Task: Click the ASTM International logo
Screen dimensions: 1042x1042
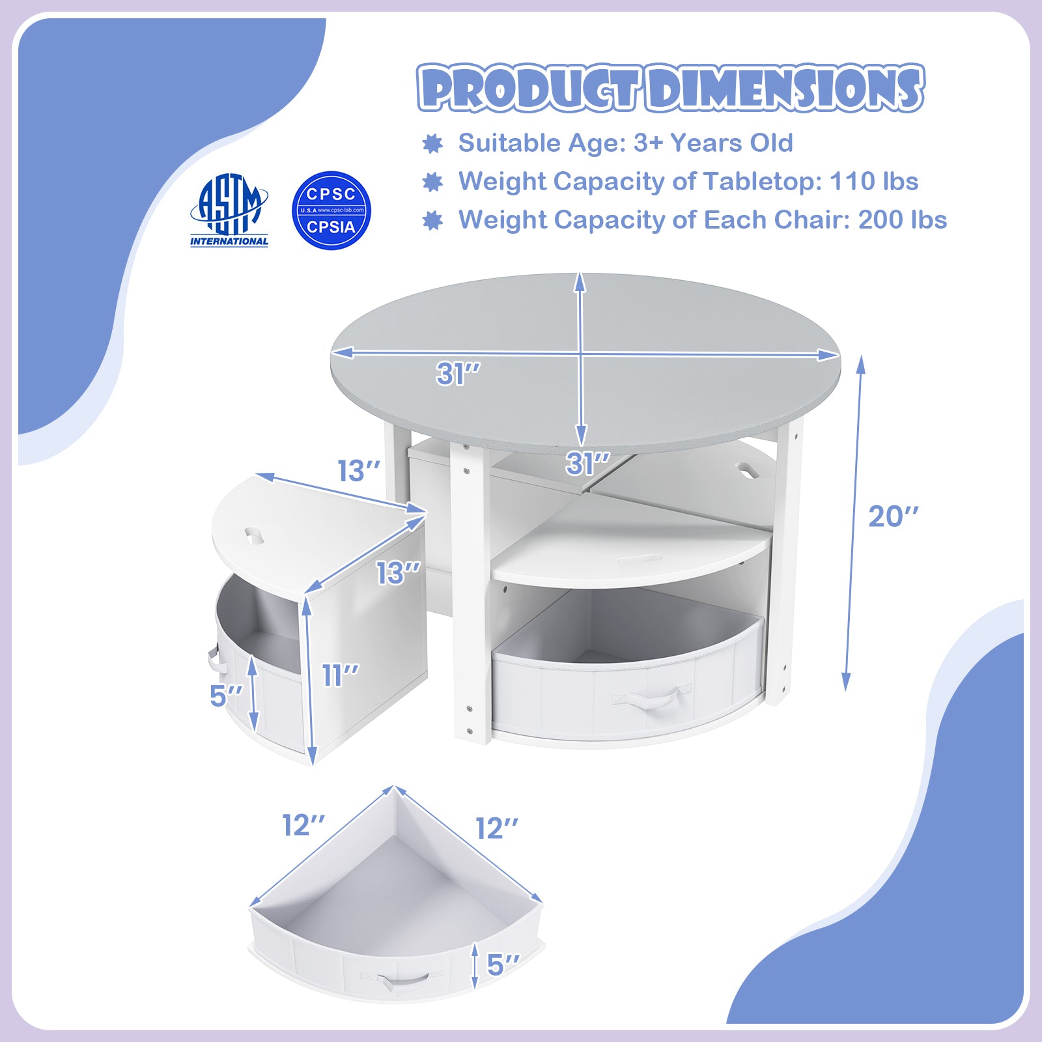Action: [229, 210]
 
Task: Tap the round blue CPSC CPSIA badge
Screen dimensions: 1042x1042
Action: [331, 210]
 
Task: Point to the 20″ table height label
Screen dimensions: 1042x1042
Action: [894, 516]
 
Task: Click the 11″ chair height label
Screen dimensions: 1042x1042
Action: [341, 675]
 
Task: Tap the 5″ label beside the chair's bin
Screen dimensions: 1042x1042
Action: [226, 696]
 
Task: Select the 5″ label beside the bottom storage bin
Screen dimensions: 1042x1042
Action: [504, 965]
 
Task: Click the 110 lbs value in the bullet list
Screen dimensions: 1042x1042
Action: [874, 182]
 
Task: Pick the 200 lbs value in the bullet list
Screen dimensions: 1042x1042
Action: [903, 220]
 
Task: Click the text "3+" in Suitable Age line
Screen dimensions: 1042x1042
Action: [648, 143]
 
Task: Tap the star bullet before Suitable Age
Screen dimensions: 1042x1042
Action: [432, 144]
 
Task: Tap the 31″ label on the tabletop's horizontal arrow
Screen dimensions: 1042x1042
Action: [458, 374]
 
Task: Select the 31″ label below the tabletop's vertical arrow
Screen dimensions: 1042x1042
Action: [588, 464]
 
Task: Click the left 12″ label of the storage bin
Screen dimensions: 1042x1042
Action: [303, 825]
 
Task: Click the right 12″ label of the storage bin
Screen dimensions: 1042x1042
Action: [497, 828]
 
